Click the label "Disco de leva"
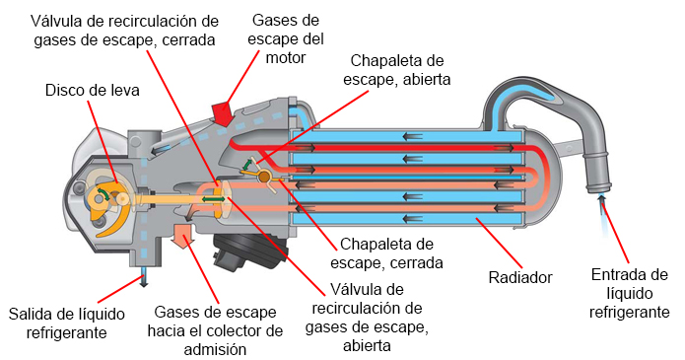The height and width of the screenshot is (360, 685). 93,90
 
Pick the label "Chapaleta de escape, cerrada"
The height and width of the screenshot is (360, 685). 390,252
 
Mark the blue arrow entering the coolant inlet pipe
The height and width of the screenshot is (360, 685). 601,204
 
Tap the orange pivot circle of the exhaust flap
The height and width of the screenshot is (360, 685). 264,177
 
